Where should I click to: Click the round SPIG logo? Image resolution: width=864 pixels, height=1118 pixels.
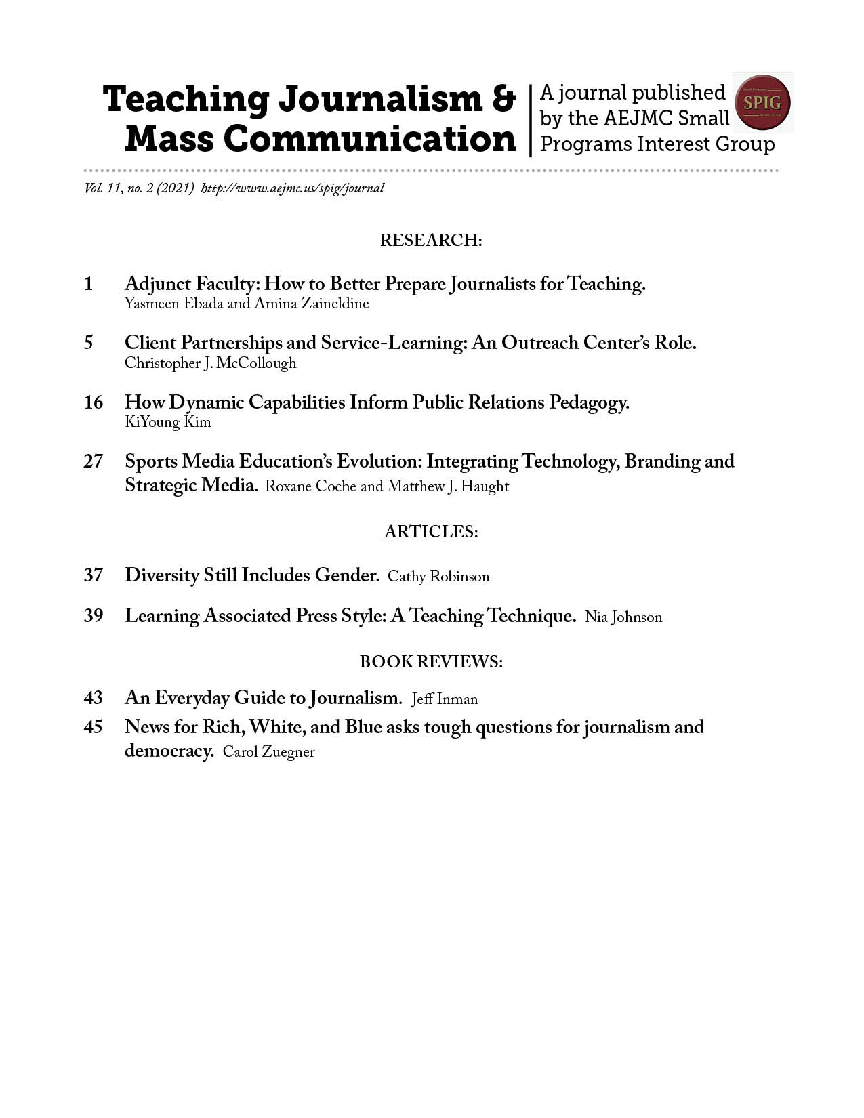pyautogui.click(x=762, y=103)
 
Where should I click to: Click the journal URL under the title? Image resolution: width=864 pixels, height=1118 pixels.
pyautogui.click(x=293, y=188)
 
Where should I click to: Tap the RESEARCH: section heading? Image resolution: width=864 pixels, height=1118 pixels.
pyautogui.click(x=431, y=241)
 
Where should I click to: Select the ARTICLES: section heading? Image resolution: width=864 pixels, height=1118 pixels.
pyautogui.click(x=431, y=532)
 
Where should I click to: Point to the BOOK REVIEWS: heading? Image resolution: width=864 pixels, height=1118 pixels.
pyautogui.click(x=431, y=661)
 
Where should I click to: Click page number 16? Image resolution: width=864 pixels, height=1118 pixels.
pyautogui.click(x=94, y=402)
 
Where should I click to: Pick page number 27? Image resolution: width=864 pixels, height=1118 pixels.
pyautogui.click(x=94, y=461)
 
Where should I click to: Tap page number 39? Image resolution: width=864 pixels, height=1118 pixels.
pyautogui.click(x=94, y=616)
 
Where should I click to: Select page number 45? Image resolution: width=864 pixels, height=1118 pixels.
pyautogui.click(x=94, y=727)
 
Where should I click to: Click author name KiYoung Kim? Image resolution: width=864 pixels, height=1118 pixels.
pyautogui.click(x=168, y=423)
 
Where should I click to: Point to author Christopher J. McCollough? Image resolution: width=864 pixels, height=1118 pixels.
pyautogui.click(x=210, y=363)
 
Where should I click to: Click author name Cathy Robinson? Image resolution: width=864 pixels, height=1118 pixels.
pyautogui.click(x=438, y=577)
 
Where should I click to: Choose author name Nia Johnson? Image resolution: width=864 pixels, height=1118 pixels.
pyautogui.click(x=623, y=617)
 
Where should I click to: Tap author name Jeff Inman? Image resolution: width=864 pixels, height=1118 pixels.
pyautogui.click(x=445, y=699)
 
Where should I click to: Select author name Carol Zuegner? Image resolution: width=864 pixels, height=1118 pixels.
pyautogui.click(x=269, y=752)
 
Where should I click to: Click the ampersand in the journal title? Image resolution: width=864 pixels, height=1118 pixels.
pyautogui.click(x=503, y=99)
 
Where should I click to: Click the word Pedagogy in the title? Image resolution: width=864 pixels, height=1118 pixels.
pyautogui.click(x=589, y=403)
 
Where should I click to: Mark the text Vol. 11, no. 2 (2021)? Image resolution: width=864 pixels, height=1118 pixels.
pyautogui.click(x=140, y=188)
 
